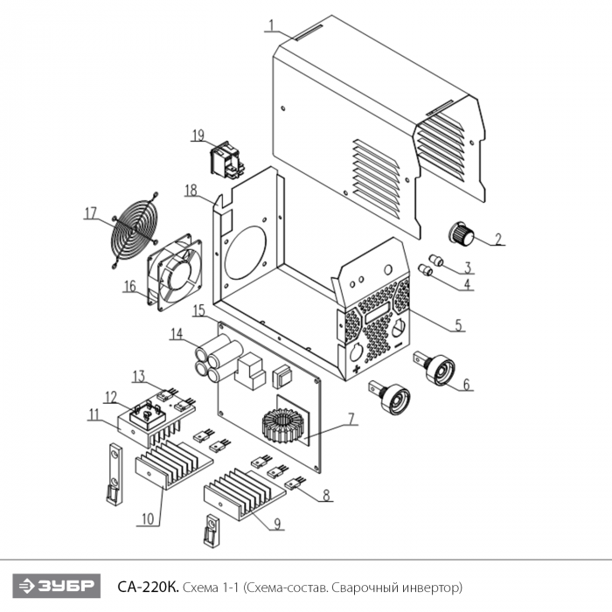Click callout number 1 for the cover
pos(271,25)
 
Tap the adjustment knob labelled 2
pos(462,233)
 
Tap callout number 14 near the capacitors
pos(176,334)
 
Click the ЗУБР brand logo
pos(57,586)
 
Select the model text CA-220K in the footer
pos(148,587)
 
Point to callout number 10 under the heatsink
pos(148,518)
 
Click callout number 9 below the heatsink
pos(277,524)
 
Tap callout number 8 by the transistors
pos(326,496)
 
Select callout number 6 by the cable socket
pos(466,385)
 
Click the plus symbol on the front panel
pos(356,370)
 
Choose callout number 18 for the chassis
pos(191,191)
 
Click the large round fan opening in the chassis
pos(246,253)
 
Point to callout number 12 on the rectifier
pos(111,397)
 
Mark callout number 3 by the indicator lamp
pos(468,268)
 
